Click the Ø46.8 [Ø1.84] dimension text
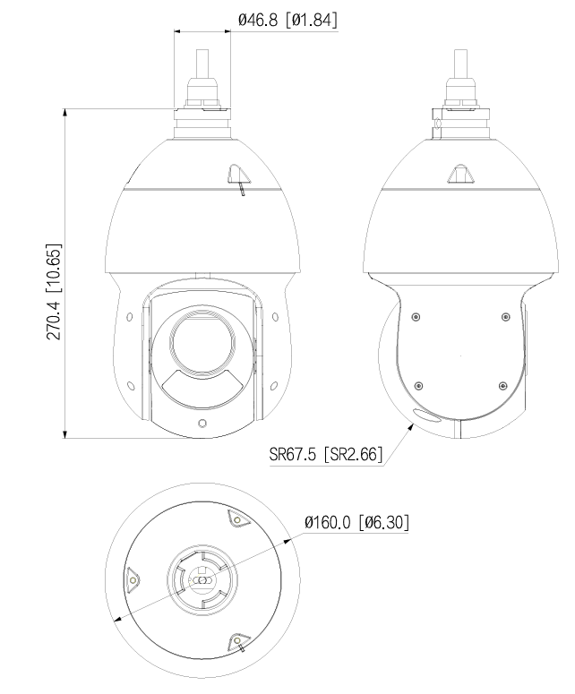[287, 18]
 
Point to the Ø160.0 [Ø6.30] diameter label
[357, 522]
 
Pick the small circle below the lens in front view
[202, 422]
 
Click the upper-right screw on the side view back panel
[506, 317]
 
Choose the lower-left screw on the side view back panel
[417, 386]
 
